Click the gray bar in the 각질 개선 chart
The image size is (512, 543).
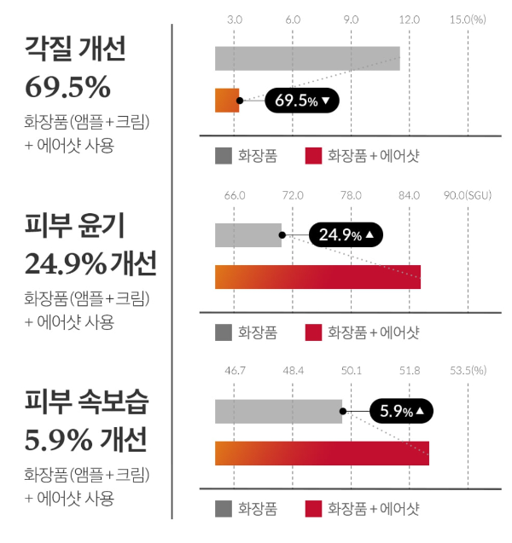click(x=307, y=58)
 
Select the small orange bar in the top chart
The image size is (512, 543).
click(x=227, y=100)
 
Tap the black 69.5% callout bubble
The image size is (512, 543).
click(x=302, y=101)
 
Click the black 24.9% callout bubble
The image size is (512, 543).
click(x=346, y=234)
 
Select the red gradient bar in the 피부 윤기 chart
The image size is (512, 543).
click(x=317, y=277)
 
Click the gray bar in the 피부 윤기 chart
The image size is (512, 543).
click(x=248, y=234)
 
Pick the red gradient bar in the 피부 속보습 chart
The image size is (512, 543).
click(x=322, y=453)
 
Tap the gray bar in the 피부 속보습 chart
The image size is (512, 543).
click(x=278, y=411)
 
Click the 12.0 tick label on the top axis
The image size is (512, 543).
click(x=410, y=19)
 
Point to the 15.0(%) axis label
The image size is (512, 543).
click(x=467, y=19)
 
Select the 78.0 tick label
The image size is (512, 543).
click(x=351, y=195)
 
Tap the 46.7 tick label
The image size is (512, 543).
click(x=235, y=371)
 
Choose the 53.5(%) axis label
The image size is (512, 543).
click(x=468, y=371)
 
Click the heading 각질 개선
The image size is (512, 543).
click(x=77, y=49)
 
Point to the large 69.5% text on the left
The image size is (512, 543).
click(x=68, y=87)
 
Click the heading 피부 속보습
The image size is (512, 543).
click(x=86, y=401)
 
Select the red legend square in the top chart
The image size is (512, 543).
click(x=313, y=155)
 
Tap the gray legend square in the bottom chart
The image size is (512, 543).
click(x=224, y=509)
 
